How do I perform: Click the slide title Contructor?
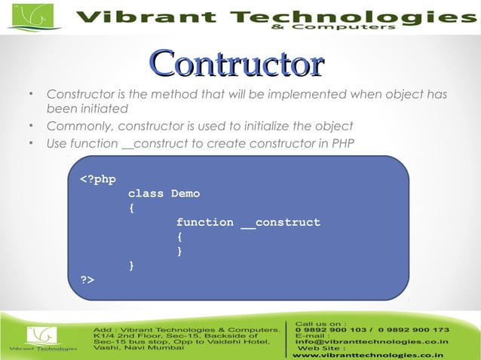237,63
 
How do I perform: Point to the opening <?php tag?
98,179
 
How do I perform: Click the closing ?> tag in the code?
87,279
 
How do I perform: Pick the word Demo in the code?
185,194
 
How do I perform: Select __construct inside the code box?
280,222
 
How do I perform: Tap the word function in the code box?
204,222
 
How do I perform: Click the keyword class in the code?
146,194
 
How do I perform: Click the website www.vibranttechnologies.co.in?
368,354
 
